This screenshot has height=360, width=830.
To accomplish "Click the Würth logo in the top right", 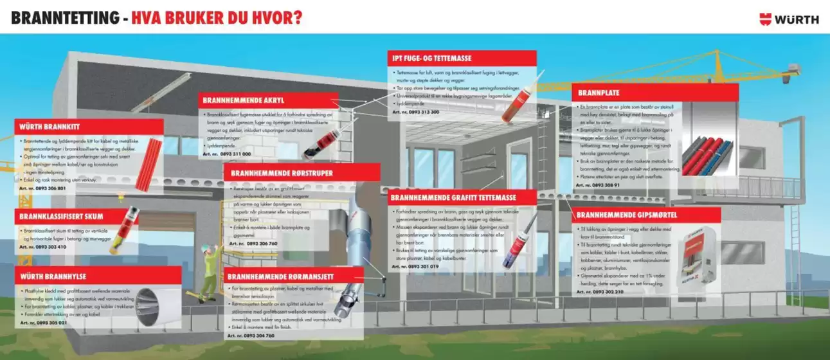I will [789, 19].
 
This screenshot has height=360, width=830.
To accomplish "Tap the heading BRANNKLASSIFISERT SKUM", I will [62, 217].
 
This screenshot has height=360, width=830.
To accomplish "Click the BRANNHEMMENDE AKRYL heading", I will [244, 101].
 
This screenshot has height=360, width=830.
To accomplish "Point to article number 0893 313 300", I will [416, 112].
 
